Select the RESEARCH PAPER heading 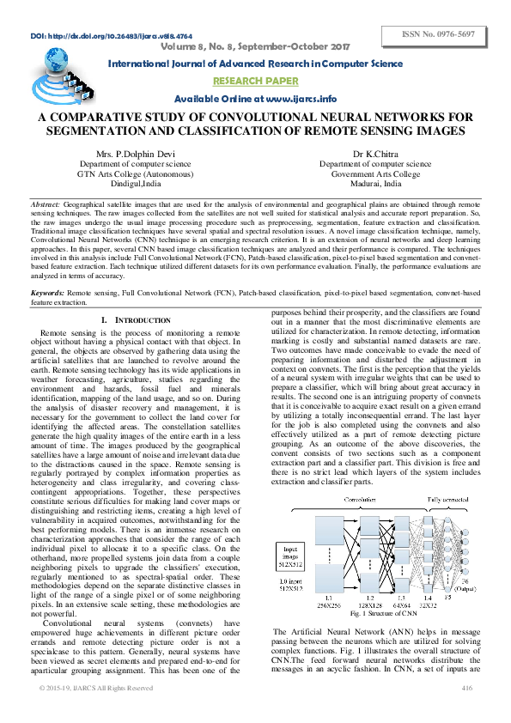pos(255,82)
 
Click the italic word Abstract pos(46,206)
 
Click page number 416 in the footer pos(466,712)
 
